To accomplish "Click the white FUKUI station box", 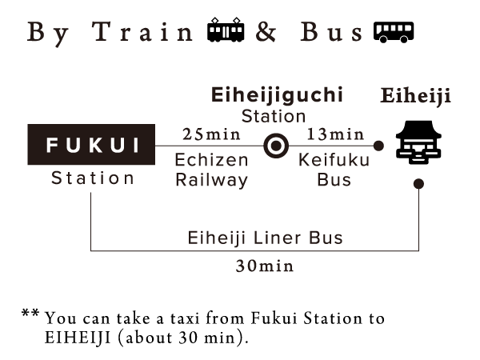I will pos(91,145).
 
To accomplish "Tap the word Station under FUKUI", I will pos(93,178).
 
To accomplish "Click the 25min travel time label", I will pos(211,133).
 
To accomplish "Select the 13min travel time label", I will pos(335,133).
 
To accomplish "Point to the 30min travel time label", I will pos(265,266).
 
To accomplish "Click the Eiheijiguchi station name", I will pos(277,95).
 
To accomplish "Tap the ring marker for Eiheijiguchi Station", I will pos(276,146).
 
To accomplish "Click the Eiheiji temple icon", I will pos(418,147).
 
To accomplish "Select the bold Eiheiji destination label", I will pos(415,97).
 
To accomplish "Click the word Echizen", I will pos(211,161).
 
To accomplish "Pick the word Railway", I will pos(211,180).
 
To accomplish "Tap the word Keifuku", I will pos(334,161).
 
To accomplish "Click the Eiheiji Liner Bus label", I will pos(265,238).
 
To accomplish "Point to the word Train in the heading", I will pos(144,34).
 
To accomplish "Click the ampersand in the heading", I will pos(266,34).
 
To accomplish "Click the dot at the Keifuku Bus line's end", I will pos(378,146).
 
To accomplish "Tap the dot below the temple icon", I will pos(418,184).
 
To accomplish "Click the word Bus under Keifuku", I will pos(334,180).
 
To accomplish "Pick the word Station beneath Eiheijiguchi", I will pos(274,117).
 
